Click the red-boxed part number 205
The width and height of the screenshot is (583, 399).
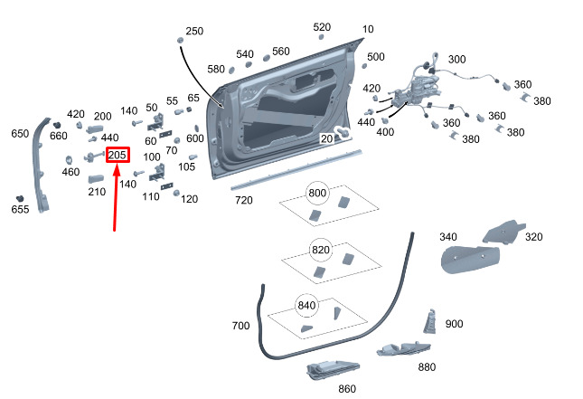pos(118,155)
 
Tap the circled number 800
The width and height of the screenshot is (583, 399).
pos(317,193)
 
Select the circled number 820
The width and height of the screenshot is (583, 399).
pos(321,250)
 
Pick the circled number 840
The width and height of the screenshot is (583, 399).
pos(306,306)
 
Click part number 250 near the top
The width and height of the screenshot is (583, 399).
pos(194,31)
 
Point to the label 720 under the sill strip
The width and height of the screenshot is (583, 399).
pos(244,200)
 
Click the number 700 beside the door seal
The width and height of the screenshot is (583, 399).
pos(240,326)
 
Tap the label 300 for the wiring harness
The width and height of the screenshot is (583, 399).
pos(457,59)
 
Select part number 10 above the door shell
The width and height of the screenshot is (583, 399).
pos(368,29)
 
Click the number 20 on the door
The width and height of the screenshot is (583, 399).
pos(327,138)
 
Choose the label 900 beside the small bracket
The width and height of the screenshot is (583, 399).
pos(454,324)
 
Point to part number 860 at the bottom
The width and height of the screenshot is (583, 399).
pos(347,389)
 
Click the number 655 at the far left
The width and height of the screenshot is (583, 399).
pos(20,209)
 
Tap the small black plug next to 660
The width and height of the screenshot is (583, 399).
pos(57,125)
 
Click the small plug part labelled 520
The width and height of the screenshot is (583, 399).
pos(321,37)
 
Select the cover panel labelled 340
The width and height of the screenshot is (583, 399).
pos(469,259)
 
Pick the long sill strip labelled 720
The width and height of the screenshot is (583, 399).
pos(296,170)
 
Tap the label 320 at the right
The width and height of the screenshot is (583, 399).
pos(534,237)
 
